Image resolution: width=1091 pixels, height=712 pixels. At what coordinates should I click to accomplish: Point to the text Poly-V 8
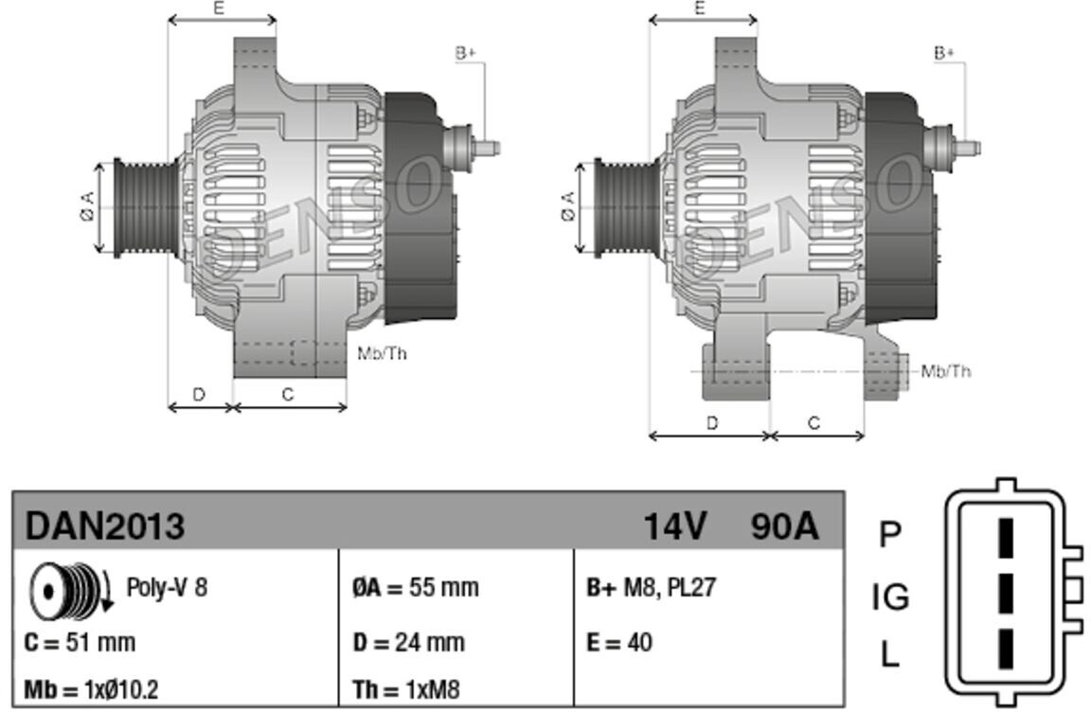tap(167, 588)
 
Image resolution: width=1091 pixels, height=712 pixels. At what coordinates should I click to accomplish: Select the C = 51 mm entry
tap(80, 642)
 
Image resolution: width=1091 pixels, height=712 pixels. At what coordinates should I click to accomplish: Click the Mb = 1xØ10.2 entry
tap(91, 689)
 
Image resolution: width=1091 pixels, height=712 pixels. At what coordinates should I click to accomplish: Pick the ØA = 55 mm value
tap(416, 588)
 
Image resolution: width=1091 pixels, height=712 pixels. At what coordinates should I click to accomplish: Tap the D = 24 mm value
tap(408, 642)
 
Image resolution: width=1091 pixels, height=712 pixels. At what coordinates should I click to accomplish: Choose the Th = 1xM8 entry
tap(406, 689)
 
